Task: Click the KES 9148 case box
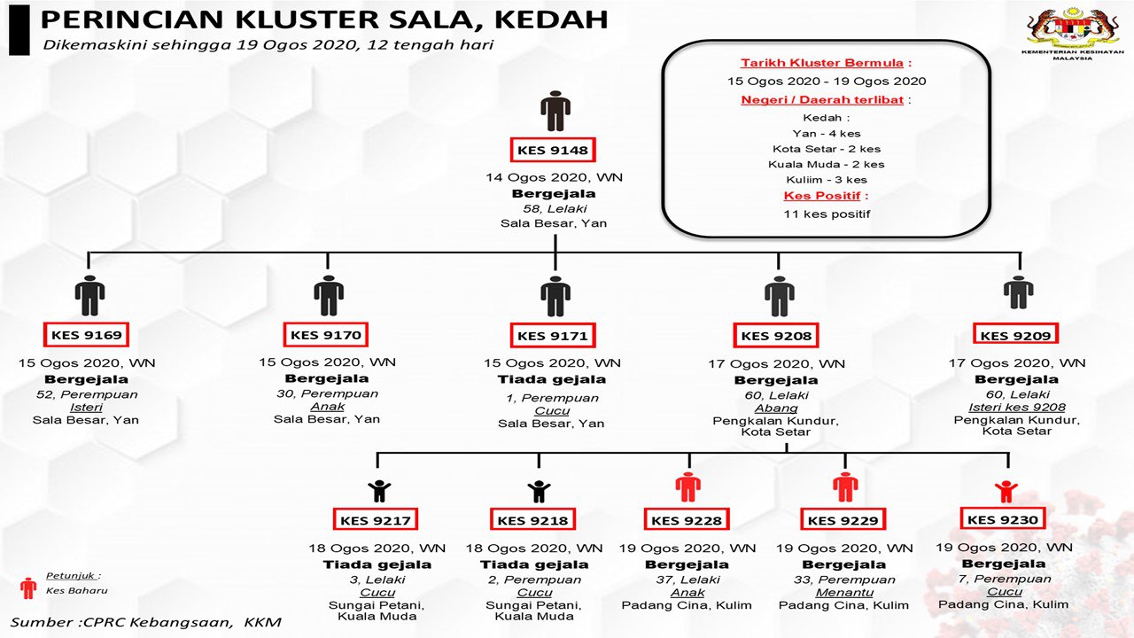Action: [555, 150]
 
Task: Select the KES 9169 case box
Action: [86, 335]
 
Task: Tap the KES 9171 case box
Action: [553, 335]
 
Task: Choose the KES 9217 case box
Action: [376, 520]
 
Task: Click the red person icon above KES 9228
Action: [687, 486]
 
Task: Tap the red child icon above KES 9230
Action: [1006, 490]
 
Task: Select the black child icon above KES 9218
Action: [539, 490]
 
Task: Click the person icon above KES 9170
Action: [328, 295]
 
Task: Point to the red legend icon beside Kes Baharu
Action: [28, 588]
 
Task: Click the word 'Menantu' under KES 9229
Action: [843, 593]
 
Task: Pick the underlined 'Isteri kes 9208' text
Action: [1015, 408]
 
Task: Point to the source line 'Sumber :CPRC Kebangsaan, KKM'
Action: [145, 622]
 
